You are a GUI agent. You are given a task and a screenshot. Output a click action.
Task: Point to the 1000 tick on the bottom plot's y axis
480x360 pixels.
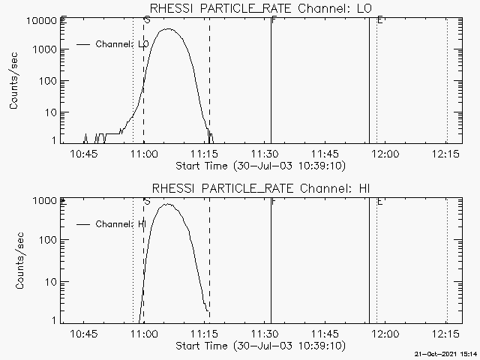(45, 201)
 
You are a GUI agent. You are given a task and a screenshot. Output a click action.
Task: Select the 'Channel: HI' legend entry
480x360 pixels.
(120, 224)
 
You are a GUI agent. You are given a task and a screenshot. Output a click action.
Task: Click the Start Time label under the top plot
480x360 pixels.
(259, 166)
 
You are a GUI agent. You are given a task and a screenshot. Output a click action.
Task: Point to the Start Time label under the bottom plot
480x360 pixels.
(259, 346)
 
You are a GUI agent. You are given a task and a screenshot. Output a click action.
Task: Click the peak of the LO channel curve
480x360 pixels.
(169, 29)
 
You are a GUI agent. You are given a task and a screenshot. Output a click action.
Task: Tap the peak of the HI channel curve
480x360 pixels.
(167, 204)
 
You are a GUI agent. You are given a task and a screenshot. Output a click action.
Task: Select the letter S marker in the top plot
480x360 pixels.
(146, 20)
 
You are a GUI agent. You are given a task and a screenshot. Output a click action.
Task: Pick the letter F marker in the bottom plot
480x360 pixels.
(274, 202)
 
